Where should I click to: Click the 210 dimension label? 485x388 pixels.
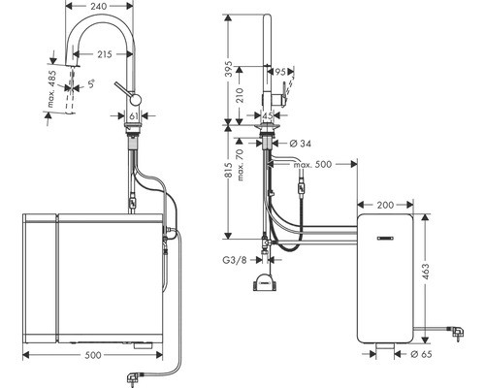(x=248, y=95)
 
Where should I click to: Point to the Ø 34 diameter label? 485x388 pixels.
(x=302, y=144)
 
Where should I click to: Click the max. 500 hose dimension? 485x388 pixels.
(x=311, y=164)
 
